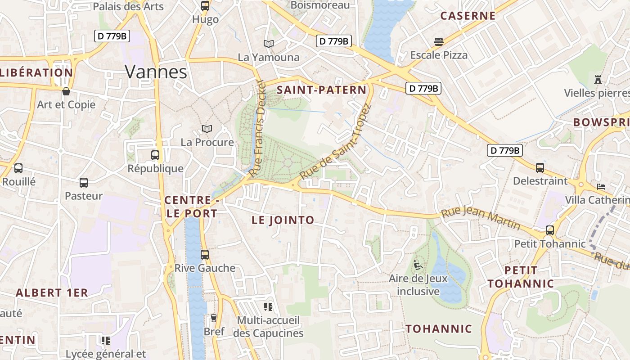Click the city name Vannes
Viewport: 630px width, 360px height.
(156, 72)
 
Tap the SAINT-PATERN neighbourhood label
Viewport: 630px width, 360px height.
(321, 90)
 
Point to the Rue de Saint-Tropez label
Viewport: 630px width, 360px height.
(335, 142)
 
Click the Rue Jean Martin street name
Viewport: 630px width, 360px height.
(481, 218)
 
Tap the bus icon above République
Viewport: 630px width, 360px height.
(155, 155)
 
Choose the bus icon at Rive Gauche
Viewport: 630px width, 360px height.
(205, 255)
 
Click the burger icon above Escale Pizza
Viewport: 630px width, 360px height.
(439, 42)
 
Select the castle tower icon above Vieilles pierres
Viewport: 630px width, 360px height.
(598, 80)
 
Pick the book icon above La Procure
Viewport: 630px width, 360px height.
(207, 129)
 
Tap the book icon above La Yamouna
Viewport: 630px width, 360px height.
(269, 44)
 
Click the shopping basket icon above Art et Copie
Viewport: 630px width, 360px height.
(66, 91)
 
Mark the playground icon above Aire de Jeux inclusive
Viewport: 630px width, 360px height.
(418, 265)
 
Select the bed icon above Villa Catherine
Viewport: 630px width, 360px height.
(601, 186)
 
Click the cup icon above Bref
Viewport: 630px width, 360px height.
(214, 318)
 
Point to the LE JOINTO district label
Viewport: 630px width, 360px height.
(283, 220)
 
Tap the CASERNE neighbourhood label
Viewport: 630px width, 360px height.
(468, 16)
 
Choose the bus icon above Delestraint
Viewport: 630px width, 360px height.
(540, 168)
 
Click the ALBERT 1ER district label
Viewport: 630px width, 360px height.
(52, 292)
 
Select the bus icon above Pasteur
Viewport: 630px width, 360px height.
(84, 183)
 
